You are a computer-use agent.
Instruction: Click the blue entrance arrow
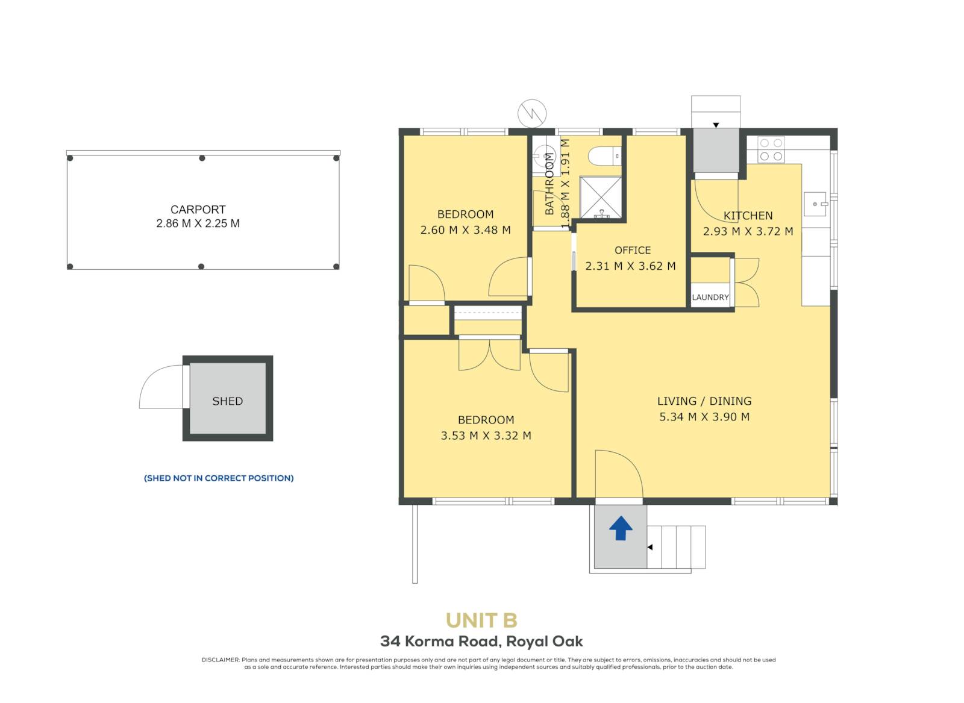pyautogui.click(x=621, y=528)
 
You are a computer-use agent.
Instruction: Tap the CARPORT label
pyautogui.click(x=198, y=210)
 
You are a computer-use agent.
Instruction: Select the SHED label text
pyautogui.click(x=228, y=401)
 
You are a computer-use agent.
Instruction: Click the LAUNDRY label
pyautogui.click(x=710, y=298)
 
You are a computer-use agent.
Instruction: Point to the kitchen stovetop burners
pyautogui.click(x=771, y=149)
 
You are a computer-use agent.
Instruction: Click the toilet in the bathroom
pyautogui.click(x=605, y=156)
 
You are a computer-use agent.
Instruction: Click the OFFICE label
pyautogui.click(x=632, y=251)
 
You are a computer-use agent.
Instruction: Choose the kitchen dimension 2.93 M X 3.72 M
pyautogui.click(x=748, y=231)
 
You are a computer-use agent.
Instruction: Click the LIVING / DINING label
pyautogui.click(x=704, y=401)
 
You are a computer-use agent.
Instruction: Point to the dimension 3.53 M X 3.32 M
pyautogui.click(x=486, y=436)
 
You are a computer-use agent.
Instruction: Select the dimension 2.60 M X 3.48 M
pyautogui.click(x=466, y=230)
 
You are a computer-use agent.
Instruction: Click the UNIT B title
pyautogui.click(x=481, y=621)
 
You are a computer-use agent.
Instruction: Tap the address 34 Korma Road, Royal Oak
pyautogui.click(x=481, y=642)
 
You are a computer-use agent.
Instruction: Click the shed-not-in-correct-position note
pyautogui.click(x=219, y=478)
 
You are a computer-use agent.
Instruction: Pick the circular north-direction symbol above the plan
pyautogui.click(x=532, y=114)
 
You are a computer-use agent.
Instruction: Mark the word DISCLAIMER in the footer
pyautogui.click(x=221, y=660)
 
